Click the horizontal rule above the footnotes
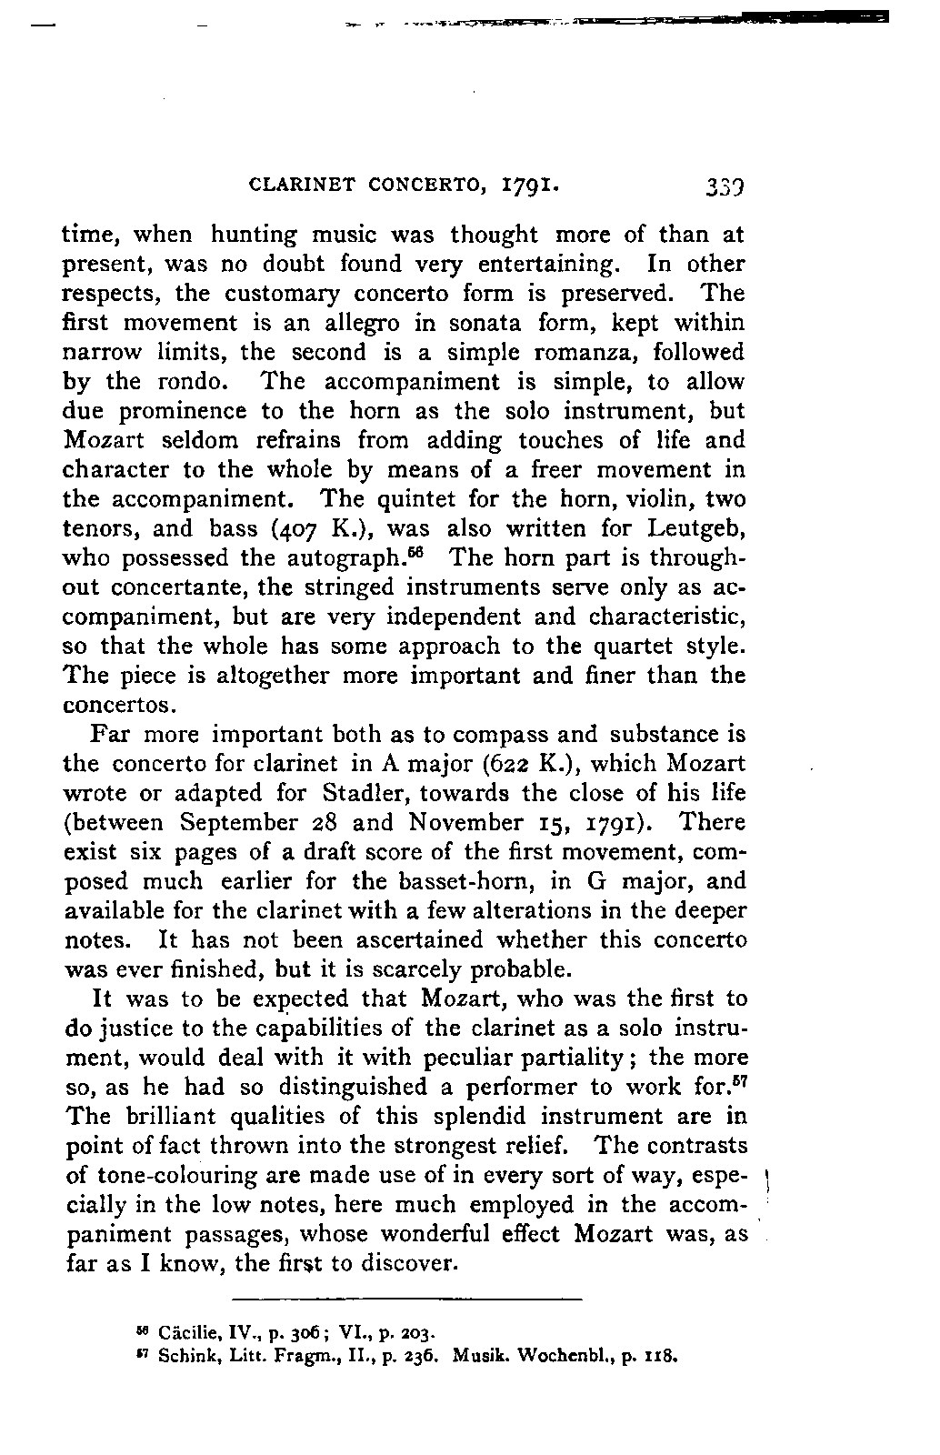tap(406, 1299)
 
